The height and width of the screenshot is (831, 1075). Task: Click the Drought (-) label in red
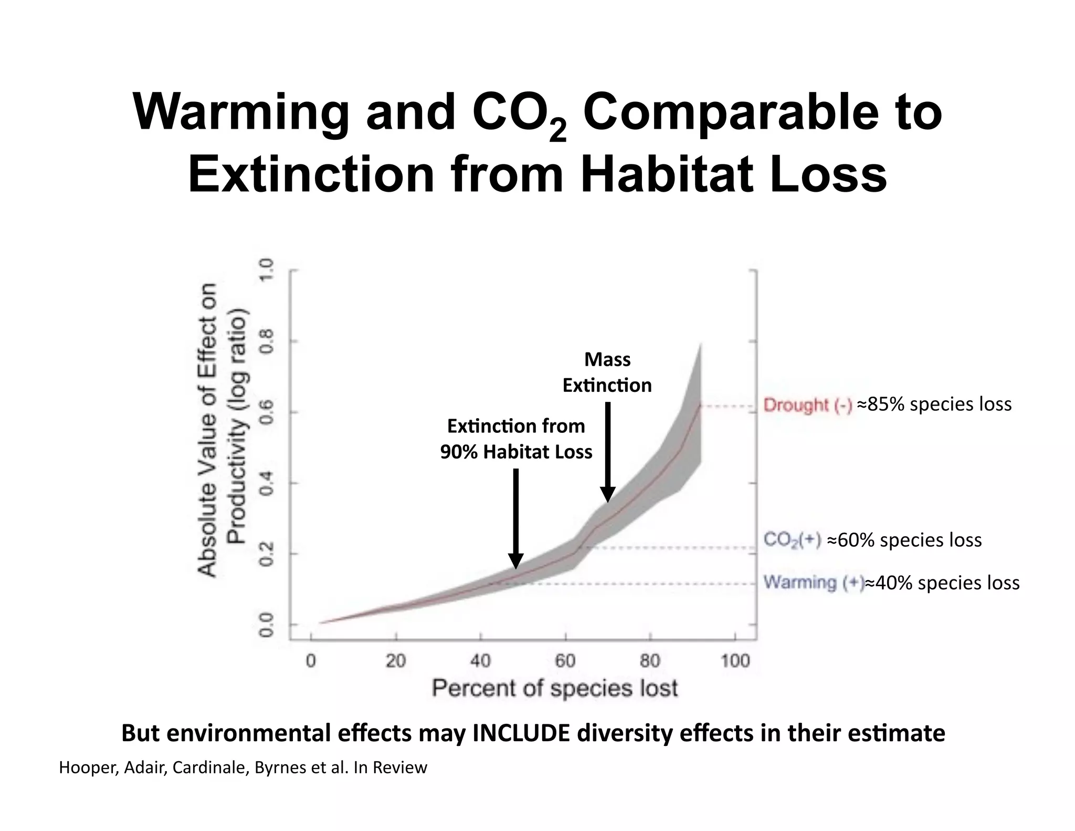coord(807,405)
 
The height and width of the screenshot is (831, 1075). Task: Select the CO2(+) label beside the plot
coord(792,540)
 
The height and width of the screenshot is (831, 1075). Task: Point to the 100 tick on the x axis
coord(735,661)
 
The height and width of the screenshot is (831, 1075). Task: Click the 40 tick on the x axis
coord(480,661)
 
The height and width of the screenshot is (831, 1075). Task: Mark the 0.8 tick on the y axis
coord(267,341)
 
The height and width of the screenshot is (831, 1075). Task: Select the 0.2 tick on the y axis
coord(267,554)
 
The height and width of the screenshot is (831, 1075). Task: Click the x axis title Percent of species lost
coord(555,688)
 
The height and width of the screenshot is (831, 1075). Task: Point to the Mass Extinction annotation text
coord(607,372)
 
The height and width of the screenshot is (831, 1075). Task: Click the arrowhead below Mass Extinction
coord(607,495)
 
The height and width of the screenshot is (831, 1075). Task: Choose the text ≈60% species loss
coord(904,540)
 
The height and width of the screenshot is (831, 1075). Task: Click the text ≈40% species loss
coord(942,583)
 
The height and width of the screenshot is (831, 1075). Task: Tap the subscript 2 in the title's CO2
coord(557,131)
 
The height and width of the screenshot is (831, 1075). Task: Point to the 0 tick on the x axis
coord(311,661)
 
